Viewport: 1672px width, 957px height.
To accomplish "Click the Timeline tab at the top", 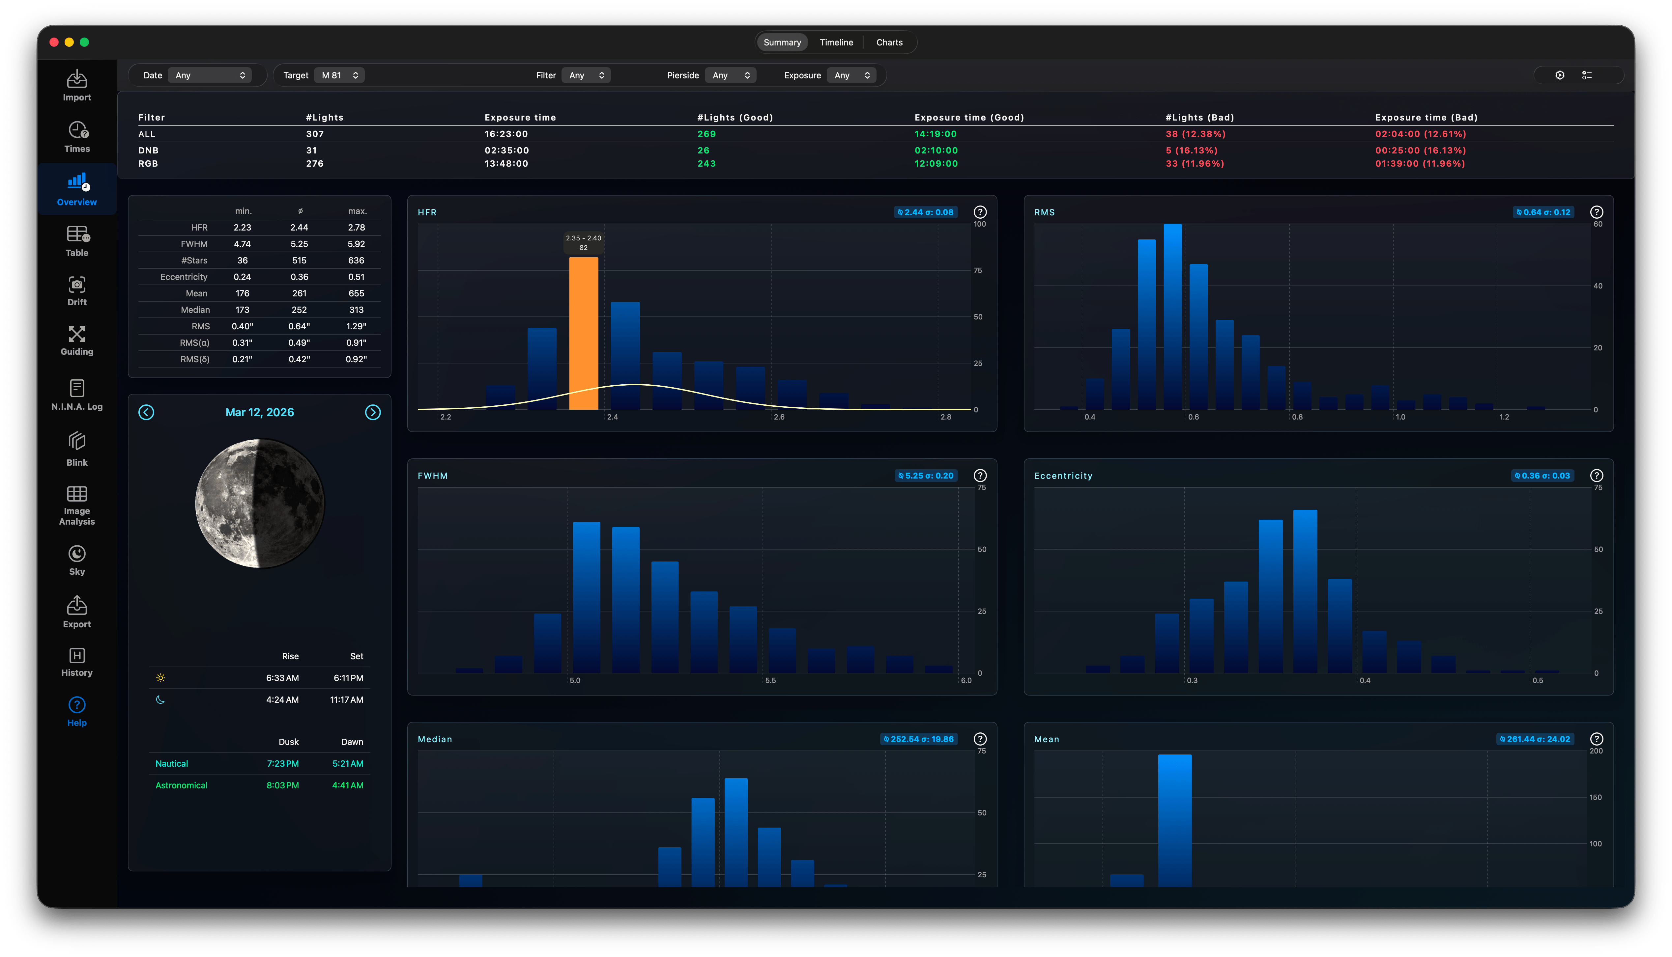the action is pyautogui.click(x=836, y=42).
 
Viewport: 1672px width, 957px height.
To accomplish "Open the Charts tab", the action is pyautogui.click(x=889, y=42).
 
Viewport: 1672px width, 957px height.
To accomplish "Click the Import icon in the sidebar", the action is pyautogui.click(x=77, y=79).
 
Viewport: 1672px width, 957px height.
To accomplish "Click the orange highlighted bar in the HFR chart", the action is pyautogui.click(x=583, y=333).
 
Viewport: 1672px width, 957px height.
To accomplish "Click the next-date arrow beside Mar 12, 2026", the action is pyautogui.click(x=373, y=412).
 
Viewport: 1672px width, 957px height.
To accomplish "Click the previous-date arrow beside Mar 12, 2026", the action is pyautogui.click(x=146, y=412).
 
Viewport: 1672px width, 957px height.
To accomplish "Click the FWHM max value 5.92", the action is pyautogui.click(x=356, y=244).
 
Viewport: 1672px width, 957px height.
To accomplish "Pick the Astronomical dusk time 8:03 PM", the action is pyautogui.click(x=282, y=785).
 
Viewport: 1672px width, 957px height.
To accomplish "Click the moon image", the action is pyautogui.click(x=260, y=504).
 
